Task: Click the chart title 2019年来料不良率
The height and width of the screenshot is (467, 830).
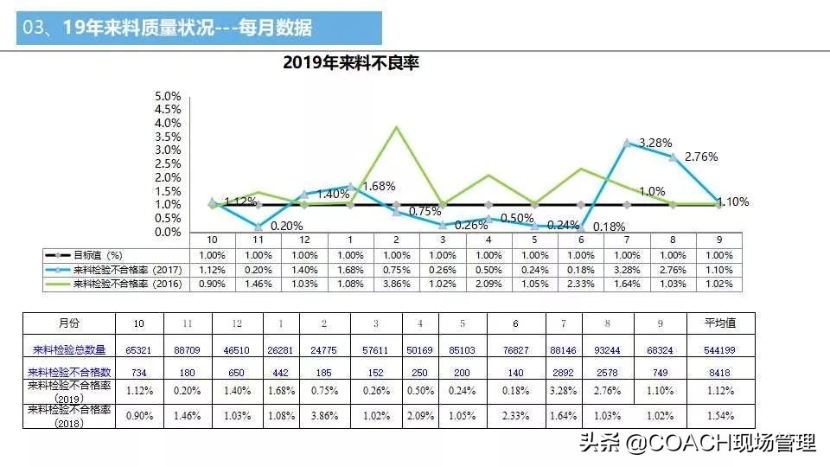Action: pos(351,63)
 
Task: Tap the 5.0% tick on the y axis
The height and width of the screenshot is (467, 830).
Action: pos(168,96)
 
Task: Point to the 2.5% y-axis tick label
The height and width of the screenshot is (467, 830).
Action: pos(168,164)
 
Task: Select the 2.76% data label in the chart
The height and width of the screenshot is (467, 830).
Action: pos(700,157)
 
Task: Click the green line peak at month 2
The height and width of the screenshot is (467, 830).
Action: pos(396,127)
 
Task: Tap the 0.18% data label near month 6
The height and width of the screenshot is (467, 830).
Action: pos(610,227)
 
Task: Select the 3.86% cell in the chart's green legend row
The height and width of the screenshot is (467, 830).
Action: pos(396,284)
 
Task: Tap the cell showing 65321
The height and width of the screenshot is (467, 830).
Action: pos(138,350)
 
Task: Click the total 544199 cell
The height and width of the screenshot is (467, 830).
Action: pos(719,350)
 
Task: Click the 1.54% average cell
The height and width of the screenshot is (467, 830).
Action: pos(719,415)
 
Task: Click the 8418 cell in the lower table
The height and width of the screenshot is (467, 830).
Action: pos(719,372)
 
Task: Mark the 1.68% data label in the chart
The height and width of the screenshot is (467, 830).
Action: pos(379,186)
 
